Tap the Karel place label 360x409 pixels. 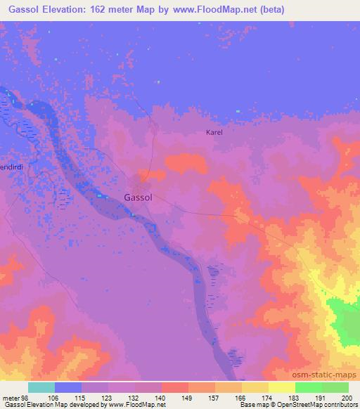click(x=214, y=132)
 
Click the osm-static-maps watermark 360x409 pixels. click(x=329, y=372)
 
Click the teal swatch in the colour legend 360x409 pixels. click(x=41, y=387)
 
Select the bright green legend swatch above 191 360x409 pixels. click(x=308, y=387)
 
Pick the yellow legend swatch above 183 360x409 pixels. click(x=281, y=387)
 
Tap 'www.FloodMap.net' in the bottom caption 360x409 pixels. click(x=136, y=405)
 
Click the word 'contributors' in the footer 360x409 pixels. click(x=340, y=405)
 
